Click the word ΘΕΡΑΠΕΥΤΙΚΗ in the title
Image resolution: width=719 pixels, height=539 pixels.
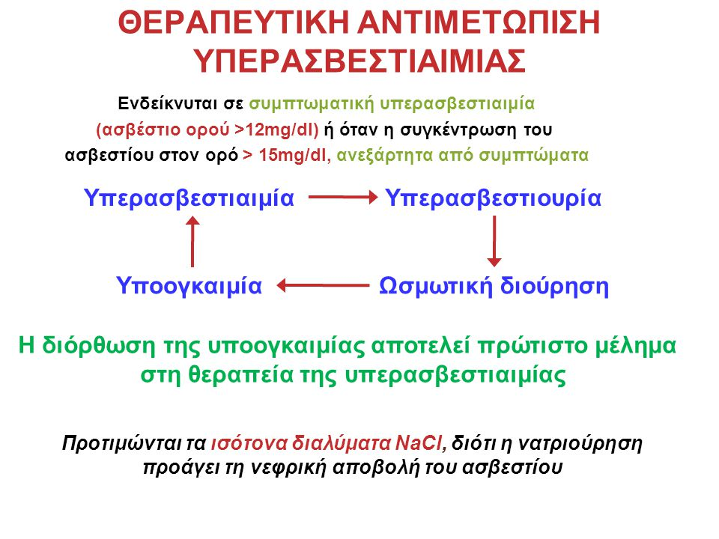coord(234,22)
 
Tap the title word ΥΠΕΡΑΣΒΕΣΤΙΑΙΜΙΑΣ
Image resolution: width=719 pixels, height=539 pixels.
coord(359,61)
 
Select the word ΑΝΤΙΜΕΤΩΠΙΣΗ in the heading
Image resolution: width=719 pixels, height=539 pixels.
coord(479,22)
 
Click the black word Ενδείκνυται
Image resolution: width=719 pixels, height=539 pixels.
coord(167,103)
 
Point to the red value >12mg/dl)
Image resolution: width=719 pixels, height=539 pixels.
coord(276,130)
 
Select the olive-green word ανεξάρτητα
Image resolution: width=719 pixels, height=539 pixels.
coord(385,156)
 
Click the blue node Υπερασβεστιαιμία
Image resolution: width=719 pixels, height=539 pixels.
coord(189,198)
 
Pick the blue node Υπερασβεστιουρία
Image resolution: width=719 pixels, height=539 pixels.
coord(493,198)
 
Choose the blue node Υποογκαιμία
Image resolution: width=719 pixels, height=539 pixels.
coord(189,285)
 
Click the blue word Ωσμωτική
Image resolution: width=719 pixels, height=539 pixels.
coord(436,285)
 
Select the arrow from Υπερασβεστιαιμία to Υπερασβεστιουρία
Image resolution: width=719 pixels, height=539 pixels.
coord(343,198)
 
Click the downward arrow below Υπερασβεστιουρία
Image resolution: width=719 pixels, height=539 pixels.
coord(494,241)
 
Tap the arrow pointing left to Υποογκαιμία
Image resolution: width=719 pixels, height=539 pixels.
coord(324,285)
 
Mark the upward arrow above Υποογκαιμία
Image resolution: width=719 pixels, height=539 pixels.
coord(192,242)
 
